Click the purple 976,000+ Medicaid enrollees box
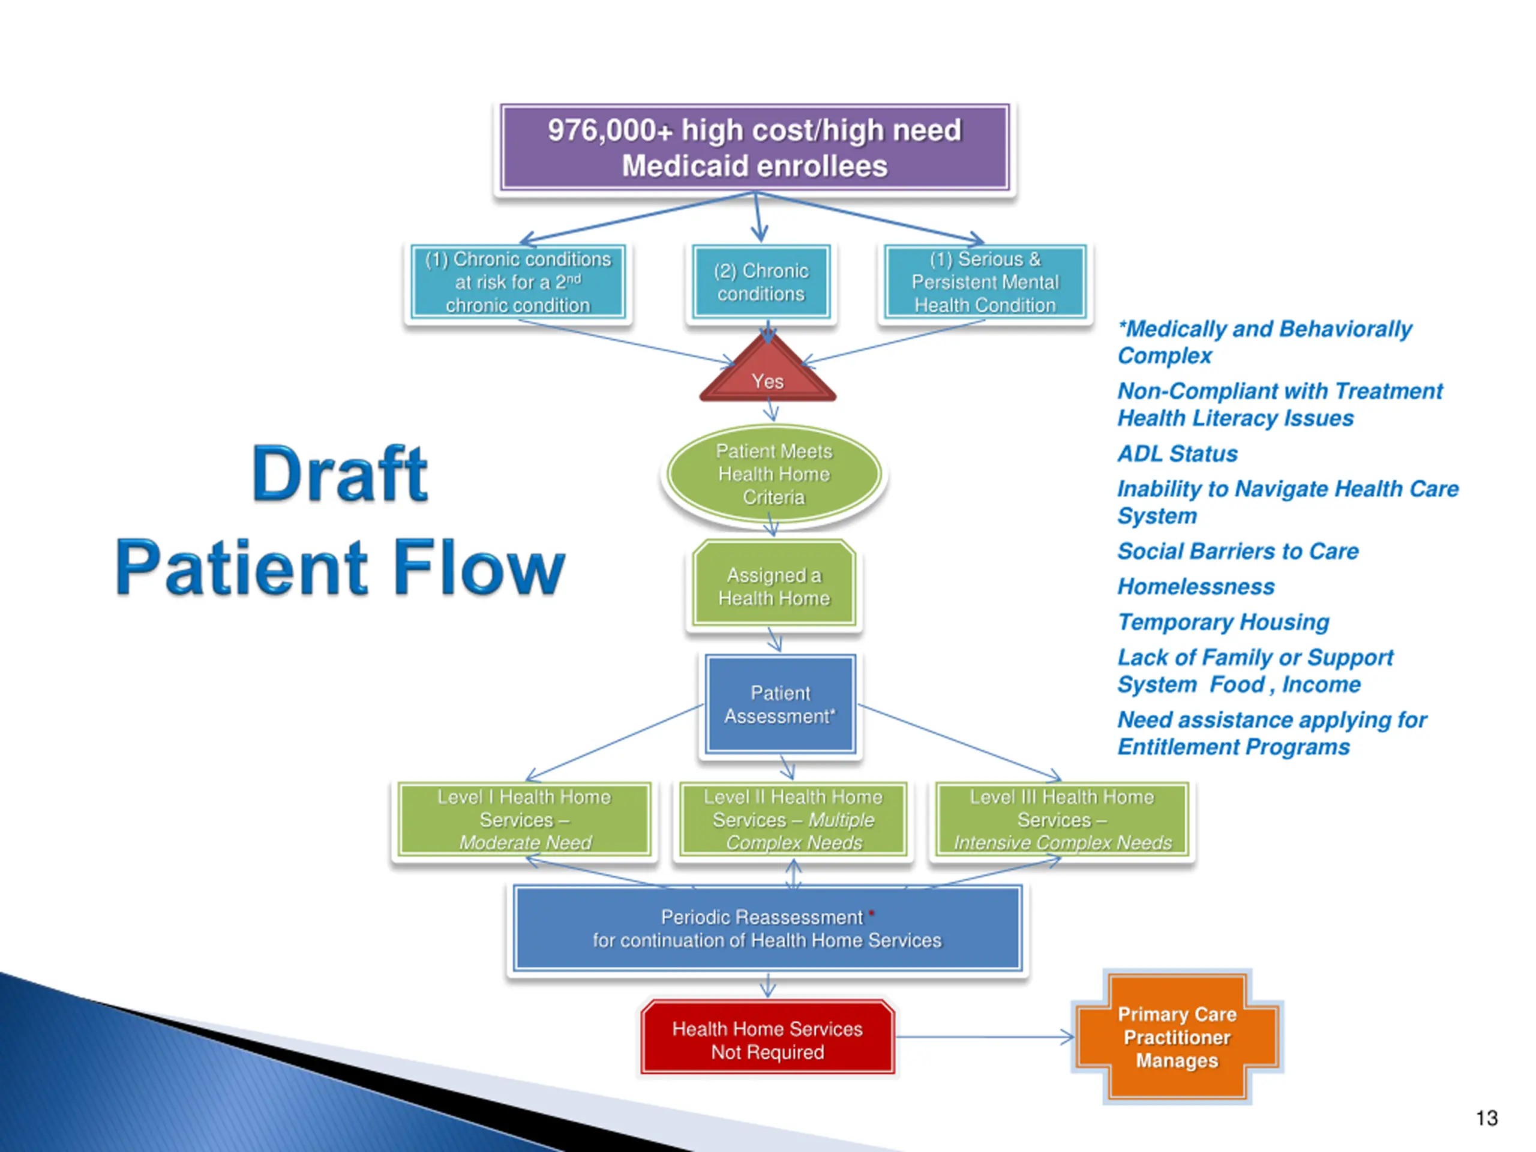(755, 147)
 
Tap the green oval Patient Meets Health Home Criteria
(773, 473)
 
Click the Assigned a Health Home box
(773, 584)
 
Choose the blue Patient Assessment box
(780, 704)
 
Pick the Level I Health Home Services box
(524, 820)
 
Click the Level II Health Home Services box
(793, 820)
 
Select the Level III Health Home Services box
(1062, 820)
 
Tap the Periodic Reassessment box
(767, 928)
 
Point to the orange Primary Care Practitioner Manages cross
(1177, 1037)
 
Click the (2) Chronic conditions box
(761, 282)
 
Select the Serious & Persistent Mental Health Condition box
(985, 282)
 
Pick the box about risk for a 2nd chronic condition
(518, 282)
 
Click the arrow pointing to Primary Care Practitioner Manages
(985, 1037)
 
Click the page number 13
(1486, 1118)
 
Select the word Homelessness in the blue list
(1196, 587)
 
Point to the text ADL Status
(1177, 454)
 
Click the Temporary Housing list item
(1223, 622)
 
